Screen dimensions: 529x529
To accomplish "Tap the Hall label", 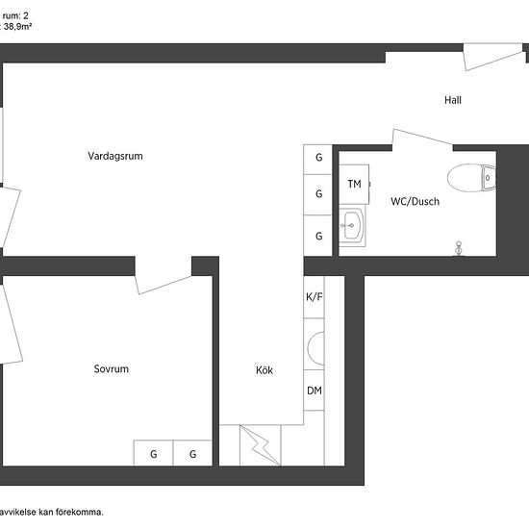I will (454, 100).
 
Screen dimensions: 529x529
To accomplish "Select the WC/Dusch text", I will (415, 202).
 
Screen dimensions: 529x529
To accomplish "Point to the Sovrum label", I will (111, 369).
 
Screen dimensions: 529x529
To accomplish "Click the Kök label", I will (264, 369).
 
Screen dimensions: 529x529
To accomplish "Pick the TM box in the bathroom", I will (353, 184).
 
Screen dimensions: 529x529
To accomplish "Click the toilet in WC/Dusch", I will (472, 177).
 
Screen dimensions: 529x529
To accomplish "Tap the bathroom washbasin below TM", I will (351, 228).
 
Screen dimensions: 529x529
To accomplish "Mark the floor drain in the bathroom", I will (459, 248).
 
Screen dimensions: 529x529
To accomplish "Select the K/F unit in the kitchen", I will (315, 297).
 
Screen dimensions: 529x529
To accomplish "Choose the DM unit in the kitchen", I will (315, 390).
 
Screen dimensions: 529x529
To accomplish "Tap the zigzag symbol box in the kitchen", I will (261, 444).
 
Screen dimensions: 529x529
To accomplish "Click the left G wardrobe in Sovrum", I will (153, 454).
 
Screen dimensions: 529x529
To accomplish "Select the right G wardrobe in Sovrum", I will (192, 454).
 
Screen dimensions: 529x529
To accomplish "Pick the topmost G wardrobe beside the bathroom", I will (318, 158).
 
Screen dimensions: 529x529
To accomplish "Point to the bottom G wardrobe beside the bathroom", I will (318, 236).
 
